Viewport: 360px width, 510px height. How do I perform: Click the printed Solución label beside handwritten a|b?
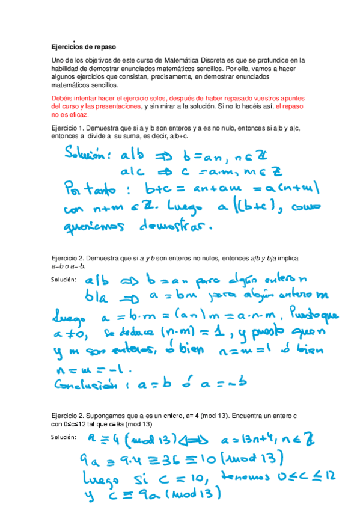coord(64,279)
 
